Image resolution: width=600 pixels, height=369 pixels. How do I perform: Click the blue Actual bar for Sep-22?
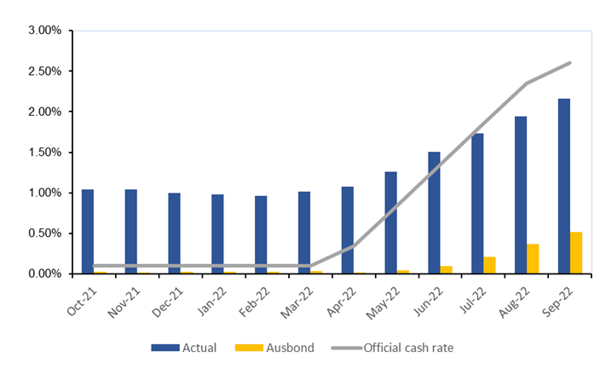[x=564, y=186]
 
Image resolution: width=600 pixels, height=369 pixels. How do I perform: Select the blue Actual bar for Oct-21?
[x=88, y=231]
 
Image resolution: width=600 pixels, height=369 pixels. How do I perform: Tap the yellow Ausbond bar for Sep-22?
[x=576, y=252]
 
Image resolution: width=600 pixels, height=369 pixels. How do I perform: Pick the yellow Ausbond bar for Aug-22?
[x=533, y=258]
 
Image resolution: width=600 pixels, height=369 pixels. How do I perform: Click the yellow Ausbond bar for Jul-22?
[x=489, y=265]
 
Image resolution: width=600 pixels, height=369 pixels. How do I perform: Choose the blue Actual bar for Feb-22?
[x=261, y=234]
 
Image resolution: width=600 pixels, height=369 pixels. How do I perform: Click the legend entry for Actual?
[x=184, y=347]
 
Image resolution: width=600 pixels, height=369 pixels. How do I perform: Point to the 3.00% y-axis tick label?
[x=45, y=31]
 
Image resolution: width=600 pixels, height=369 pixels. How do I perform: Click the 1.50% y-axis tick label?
[x=45, y=153]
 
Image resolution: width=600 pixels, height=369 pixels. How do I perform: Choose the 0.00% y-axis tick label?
[x=45, y=274]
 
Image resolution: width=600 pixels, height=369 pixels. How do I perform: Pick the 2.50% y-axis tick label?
[x=45, y=72]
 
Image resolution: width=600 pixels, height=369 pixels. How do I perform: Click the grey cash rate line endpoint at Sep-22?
[x=569, y=62]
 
